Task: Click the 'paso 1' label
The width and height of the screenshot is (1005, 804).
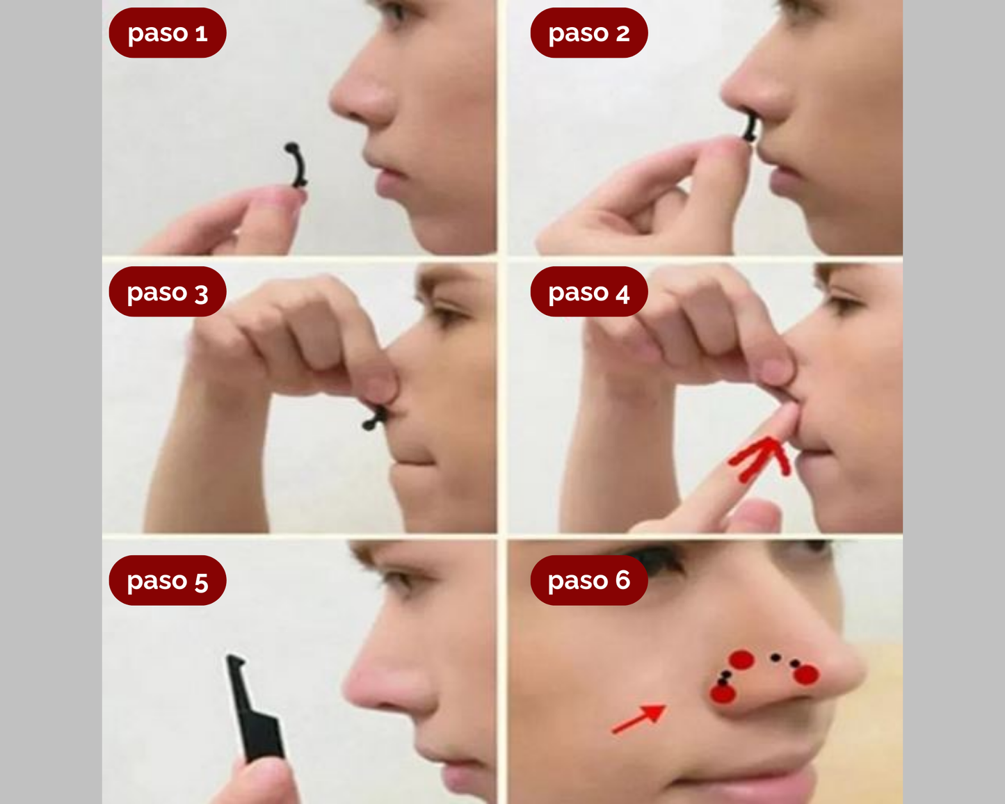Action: (168, 33)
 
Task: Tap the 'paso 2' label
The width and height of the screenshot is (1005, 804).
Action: (588, 33)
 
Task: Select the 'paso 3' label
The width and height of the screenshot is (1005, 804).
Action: (168, 292)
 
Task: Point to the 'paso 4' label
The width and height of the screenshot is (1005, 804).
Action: (588, 292)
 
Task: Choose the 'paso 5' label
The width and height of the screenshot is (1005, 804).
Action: (168, 580)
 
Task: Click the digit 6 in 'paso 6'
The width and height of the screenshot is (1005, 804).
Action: (622, 579)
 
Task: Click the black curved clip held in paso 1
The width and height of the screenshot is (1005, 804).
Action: (298, 165)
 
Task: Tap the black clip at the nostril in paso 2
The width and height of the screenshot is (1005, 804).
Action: (750, 128)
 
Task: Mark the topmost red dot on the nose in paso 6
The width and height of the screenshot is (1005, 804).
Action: (741, 659)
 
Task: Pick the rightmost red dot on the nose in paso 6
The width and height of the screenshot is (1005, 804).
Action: (806, 674)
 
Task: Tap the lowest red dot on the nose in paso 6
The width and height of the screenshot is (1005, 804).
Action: (723, 693)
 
